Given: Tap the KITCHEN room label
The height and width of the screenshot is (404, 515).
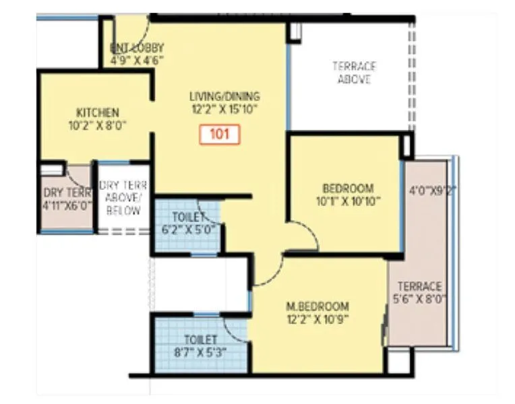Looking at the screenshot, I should [98, 112].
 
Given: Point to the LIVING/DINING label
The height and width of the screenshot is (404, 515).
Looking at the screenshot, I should [224, 96].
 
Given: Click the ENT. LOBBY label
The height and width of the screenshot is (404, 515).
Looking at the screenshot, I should [137, 48].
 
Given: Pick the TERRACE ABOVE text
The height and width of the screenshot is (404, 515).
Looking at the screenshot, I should [354, 73].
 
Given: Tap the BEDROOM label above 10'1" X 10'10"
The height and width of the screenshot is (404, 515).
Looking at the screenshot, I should [347, 189].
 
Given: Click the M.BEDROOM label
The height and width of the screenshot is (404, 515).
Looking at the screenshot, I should [320, 305].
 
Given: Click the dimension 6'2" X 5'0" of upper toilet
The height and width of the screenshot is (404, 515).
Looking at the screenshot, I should [188, 229].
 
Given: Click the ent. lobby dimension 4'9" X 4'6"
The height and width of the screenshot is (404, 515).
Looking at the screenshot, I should [137, 60].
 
